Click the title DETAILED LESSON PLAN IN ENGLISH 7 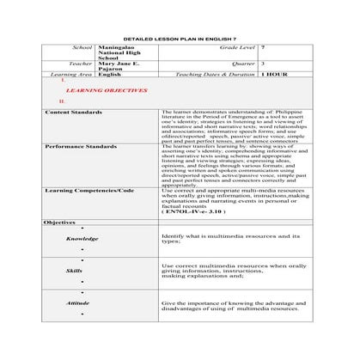click(x=180, y=40)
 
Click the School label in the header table click(x=83, y=50)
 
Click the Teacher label click(x=81, y=64)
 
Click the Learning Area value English click(x=109, y=75)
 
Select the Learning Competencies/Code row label click(x=88, y=190)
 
